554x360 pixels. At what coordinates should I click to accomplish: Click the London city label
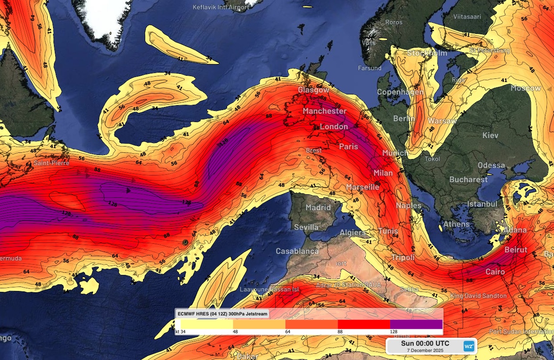[334, 127]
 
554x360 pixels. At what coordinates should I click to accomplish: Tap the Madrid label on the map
[318, 208]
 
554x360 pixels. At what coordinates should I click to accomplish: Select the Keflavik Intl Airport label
[220, 7]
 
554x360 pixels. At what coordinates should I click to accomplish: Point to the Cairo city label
[495, 272]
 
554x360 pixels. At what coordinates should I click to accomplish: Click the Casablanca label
[297, 251]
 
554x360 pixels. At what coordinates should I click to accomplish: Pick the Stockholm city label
[427, 53]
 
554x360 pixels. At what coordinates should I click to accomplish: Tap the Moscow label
[525, 88]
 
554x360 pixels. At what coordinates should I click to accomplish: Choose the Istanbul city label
[482, 204]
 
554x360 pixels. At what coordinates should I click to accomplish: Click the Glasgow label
[314, 90]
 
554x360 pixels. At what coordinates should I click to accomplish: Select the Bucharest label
[468, 180]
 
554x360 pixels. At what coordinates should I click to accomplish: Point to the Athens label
[456, 224]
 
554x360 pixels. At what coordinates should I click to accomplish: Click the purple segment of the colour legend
[416, 324]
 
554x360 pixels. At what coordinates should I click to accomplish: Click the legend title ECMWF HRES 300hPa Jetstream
[223, 314]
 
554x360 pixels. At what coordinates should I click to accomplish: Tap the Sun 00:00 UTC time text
[425, 343]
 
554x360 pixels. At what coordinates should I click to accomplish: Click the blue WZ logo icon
[468, 346]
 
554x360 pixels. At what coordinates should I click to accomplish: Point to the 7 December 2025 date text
[425, 350]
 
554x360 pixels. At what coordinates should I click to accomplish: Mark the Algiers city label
[353, 233]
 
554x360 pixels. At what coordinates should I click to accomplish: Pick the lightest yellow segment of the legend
[207, 324]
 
